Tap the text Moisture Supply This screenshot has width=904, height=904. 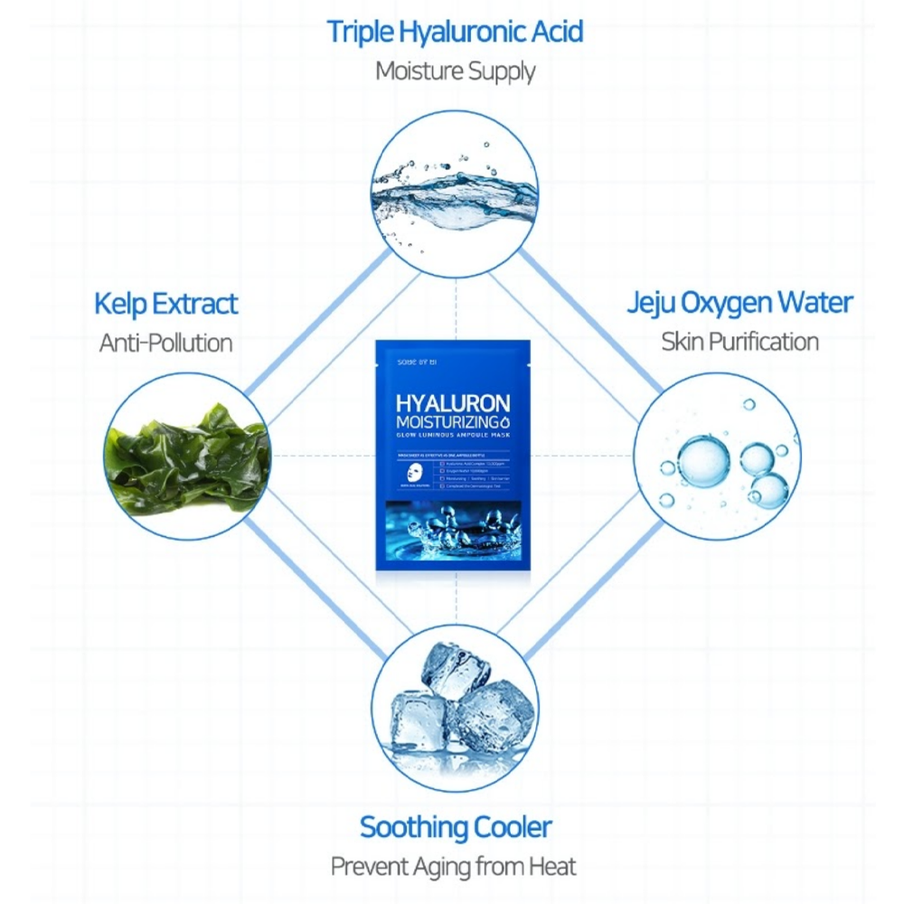455,71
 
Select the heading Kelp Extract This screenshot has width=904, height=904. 166,304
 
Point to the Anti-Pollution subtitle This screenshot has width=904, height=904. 165,343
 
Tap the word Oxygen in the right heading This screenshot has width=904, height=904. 725,304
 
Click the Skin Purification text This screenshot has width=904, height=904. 739,342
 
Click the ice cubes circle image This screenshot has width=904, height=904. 455,711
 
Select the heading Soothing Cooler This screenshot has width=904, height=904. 455,826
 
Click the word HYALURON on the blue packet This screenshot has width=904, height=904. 453,403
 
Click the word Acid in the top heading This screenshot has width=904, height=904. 552,31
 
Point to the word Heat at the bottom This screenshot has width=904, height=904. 554,865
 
